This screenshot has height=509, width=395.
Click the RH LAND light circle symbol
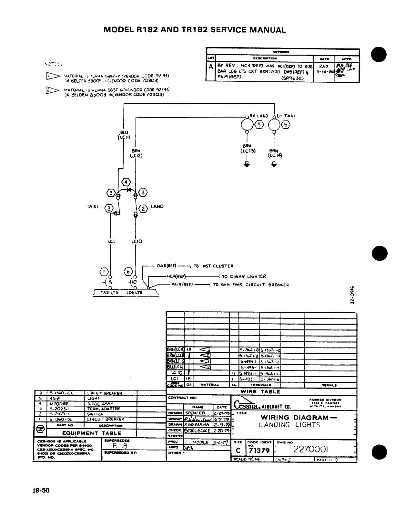pos(247,125)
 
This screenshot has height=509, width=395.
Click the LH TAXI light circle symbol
pos(274,125)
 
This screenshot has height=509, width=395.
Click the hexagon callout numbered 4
pos(125,182)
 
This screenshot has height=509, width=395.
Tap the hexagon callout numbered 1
pos(104,272)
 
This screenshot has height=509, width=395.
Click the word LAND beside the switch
pos(157,207)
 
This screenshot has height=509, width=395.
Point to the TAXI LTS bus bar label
pos(109,293)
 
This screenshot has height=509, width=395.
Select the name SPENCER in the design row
pos(195,413)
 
